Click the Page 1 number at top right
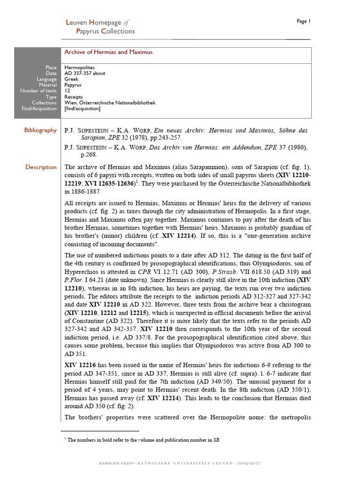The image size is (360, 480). [303, 21]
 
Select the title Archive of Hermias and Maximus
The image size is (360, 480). [108, 52]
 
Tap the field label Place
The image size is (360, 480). [51, 67]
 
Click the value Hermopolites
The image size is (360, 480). [79, 67]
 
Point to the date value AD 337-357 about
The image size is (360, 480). [85, 74]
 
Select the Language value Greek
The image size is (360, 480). [71, 79]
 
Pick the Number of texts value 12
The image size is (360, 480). [67, 91]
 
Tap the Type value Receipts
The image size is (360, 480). [74, 97]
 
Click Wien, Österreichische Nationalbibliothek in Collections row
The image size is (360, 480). [110, 103]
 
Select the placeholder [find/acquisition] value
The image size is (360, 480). [82, 109]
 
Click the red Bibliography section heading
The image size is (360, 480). [40, 130]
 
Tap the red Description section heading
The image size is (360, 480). [41, 167]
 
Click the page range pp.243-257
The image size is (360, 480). [165, 138]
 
